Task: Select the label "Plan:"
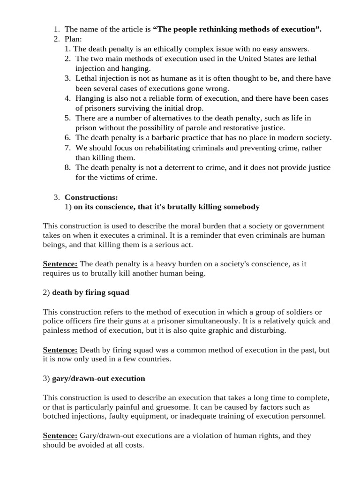(x=73, y=39)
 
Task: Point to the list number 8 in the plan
(x=67, y=167)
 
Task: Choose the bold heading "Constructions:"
(x=91, y=197)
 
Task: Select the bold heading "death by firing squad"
(x=90, y=292)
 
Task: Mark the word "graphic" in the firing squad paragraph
(x=238, y=331)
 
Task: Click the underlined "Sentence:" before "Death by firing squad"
(x=60, y=350)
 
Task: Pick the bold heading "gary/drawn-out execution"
(x=98, y=378)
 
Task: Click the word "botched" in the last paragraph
(x=56, y=417)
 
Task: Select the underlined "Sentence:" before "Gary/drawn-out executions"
(x=60, y=435)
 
